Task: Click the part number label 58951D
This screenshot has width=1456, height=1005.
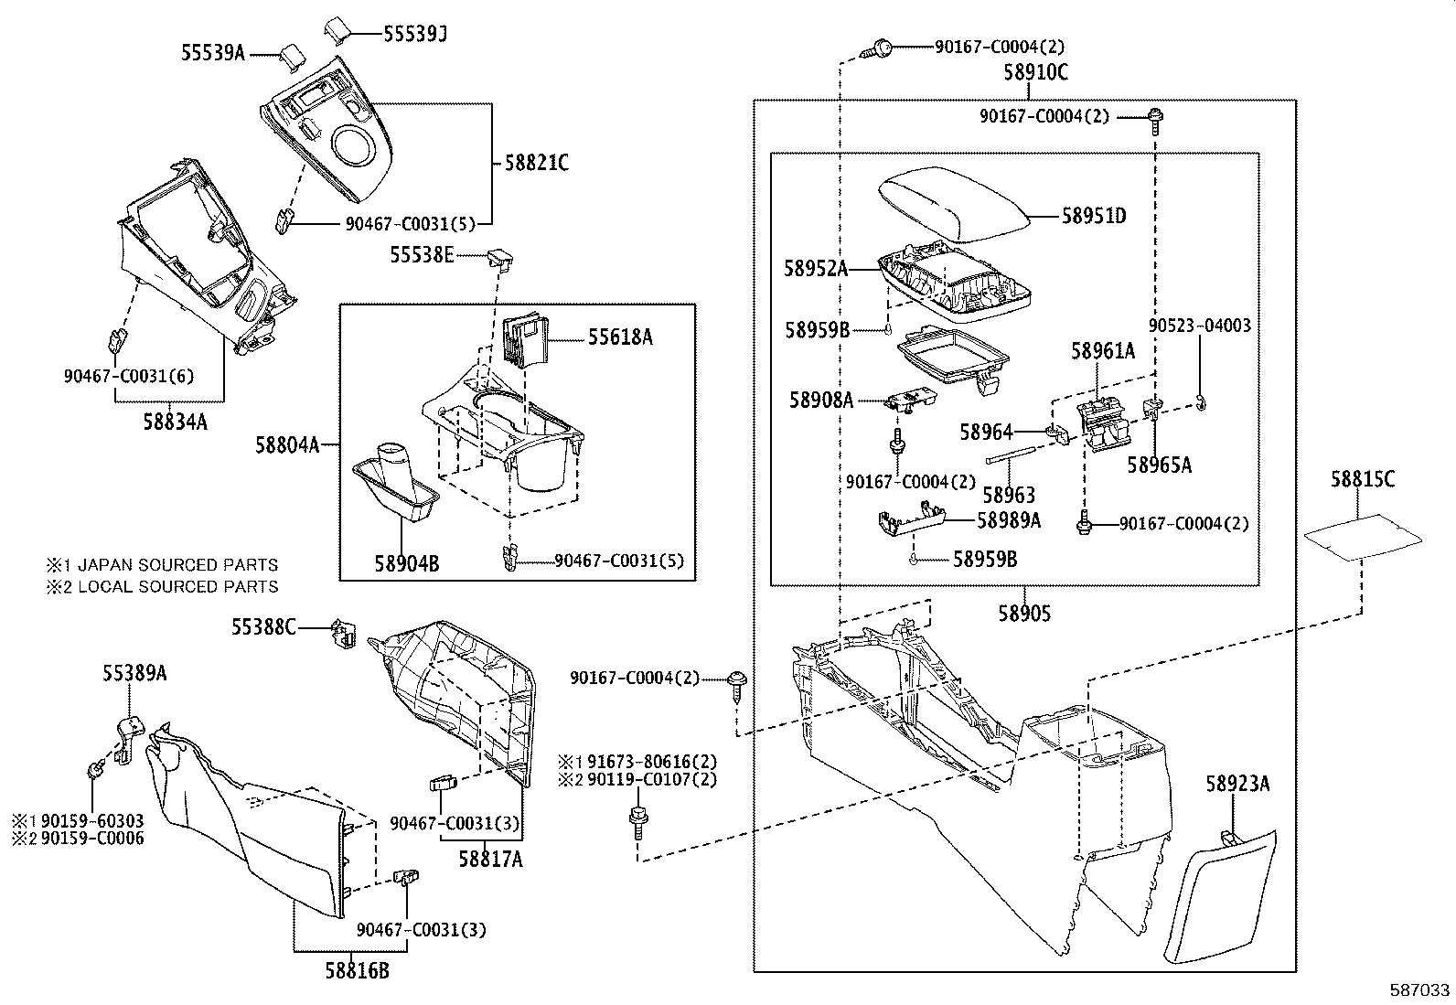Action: pyautogui.click(x=1093, y=217)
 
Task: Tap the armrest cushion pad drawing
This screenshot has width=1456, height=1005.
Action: pyautogui.click(x=951, y=206)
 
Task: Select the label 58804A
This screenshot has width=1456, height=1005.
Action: pyautogui.click(x=286, y=445)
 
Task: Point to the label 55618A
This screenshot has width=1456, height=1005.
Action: pyautogui.click(x=620, y=337)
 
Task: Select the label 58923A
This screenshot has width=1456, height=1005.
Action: pyautogui.click(x=1237, y=784)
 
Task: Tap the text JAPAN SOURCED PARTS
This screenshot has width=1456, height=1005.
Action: pyautogui.click(x=177, y=565)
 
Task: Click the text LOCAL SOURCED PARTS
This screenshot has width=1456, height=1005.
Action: pyautogui.click(x=177, y=586)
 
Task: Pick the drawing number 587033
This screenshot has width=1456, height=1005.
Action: pyautogui.click(x=1420, y=989)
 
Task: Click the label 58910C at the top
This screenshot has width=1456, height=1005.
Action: pyautogui.click(x=1035, y=73)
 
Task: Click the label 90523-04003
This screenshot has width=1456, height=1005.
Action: pyautogui.click(x=1200, y=326)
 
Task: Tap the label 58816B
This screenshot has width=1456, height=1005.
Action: pyautogui.click(x=358, y=970)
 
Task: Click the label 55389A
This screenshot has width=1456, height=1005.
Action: pyautogui.click(x=134, y=673)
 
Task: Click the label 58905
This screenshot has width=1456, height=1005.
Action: pyautogui.click(x=1023, y=615)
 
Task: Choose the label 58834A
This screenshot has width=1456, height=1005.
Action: pyautogui.click(x=175, y=421)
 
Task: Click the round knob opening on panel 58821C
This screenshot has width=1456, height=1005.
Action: pyautogui.click(x=356, y=146)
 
